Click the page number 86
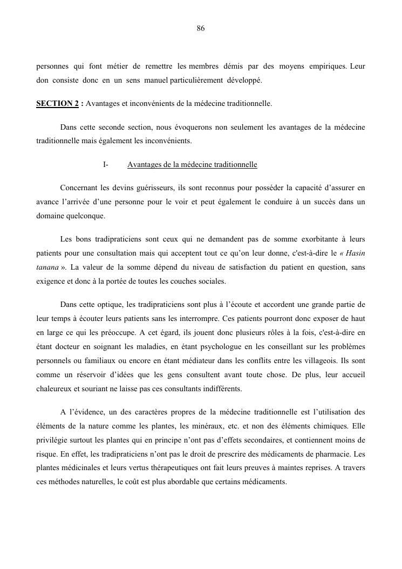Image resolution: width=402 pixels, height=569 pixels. (x=201, y=29)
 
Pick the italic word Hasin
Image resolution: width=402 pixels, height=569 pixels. (x=356, y=253)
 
